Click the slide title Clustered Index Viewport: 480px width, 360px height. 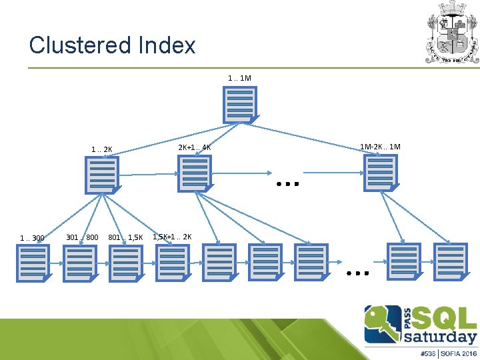(x=112, y=45)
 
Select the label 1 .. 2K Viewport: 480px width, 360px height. (x=102, y=149)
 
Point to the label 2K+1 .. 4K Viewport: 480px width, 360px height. (x=195, y=147)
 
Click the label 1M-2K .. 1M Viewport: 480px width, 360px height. (x=380, y=146)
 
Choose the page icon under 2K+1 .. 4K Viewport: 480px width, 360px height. (x=195, y=173)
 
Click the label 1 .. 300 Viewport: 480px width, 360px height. (x=32, y=238)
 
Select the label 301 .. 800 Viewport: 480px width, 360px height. (x=82, y=237)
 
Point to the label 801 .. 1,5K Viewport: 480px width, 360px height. (x=125, y=237)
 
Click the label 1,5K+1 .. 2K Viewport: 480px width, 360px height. (x=172, y=237)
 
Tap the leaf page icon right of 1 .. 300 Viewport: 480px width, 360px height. (x=33, y=262)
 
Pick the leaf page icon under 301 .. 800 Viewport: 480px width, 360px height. (x=80, y=263)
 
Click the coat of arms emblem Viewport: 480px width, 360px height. (x=453, y=32)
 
